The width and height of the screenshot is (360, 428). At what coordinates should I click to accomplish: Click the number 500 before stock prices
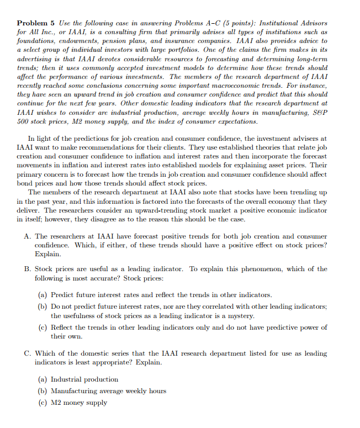[x=23, y=121]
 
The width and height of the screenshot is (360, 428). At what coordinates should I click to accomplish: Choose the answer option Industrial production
[x=84, y=379]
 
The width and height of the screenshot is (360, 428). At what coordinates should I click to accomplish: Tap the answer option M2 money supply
[x=79, y=403]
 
